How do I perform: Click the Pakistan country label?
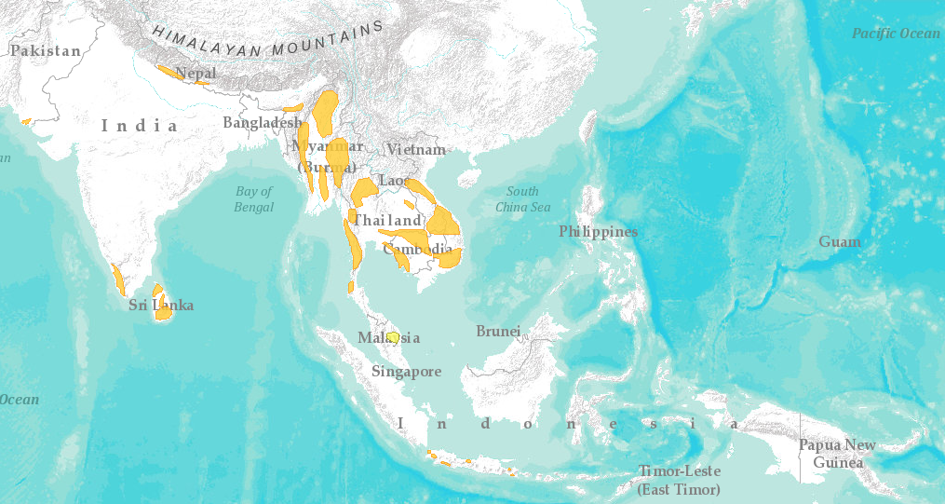pos(46,51)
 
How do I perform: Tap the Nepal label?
pos(196,73)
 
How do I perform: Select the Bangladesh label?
pos(263,123)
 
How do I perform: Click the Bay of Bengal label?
pos(254,199)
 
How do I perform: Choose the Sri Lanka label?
pos(161,305)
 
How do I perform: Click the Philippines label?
pos(598,231)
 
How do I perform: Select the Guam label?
pos(840,242)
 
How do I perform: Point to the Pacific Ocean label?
pos(896,34)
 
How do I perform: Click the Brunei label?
pos(498,332)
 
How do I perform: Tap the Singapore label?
pos(406,372)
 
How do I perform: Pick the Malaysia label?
pos(388,338)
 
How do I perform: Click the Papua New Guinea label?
pos(837,454)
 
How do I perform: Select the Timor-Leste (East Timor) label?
pos(679,480)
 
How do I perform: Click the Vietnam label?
pos(416,149)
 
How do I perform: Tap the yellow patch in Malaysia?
pos(394,336)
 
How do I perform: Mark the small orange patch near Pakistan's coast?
pos(26,121)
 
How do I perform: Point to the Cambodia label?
pos(417,250)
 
